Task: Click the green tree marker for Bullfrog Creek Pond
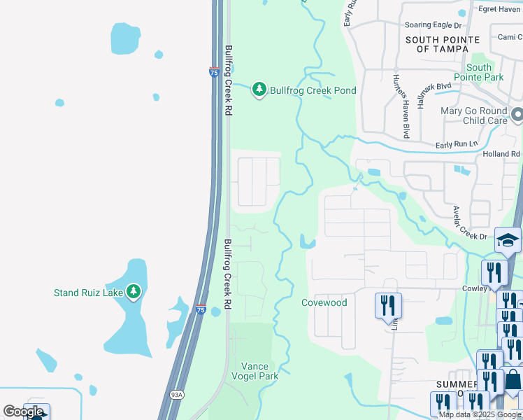click(x=259, y=90)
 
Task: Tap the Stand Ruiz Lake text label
click(x=88, y=293)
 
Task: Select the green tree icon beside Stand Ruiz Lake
click(x=134, y=291)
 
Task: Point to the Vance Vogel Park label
click(x=260, y=371)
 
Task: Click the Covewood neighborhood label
click(x=324, y=302)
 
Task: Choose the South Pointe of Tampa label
click(x=443, y=44)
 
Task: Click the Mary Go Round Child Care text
click(x=474, y=115)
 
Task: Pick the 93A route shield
click(x=176, y=395)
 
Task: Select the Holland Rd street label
click(x=501, y=154)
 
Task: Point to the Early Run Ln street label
click(x=455, y=144)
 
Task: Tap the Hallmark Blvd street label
click(x=434, y=95)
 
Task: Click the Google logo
click(x=23, y=412)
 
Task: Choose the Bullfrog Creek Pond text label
click(x=313, y=90)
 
